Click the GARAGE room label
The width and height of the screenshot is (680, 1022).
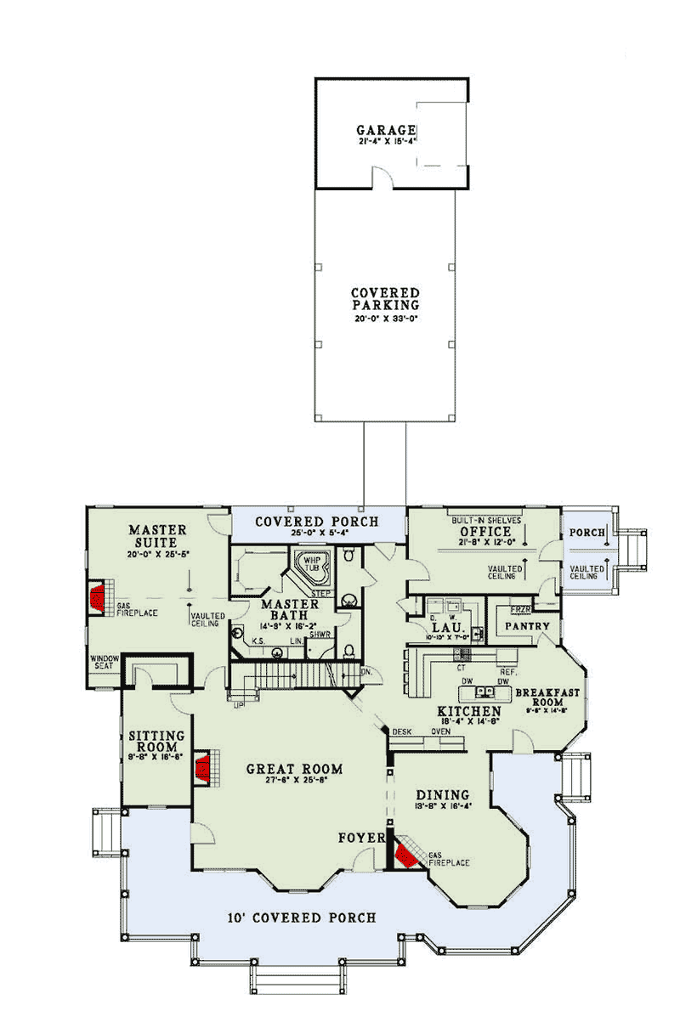pos(386,130)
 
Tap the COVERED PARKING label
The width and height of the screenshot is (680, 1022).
pos(385,299)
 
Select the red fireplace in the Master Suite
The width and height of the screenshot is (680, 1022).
pos(99,598)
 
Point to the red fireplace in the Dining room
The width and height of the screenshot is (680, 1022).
pos(407,851)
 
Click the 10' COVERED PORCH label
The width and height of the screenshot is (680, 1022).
pos(291,918)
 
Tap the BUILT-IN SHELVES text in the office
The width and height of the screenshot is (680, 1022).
pos(486,518)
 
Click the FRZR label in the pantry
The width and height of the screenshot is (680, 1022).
pos(520,610)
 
